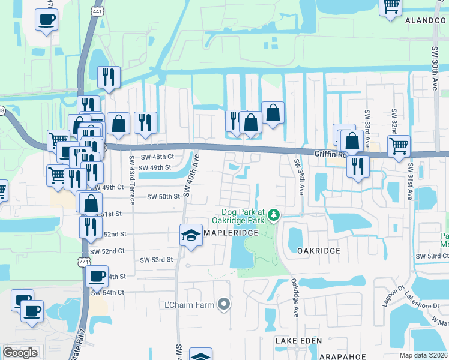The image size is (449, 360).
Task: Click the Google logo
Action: pos(20,353)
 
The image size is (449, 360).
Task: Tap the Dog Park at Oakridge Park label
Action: pos(243,216)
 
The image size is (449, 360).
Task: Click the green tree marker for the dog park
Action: pos(274,214)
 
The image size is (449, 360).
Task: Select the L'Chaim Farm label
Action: pos(190,305)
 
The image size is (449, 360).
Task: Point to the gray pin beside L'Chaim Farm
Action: pos(224,304)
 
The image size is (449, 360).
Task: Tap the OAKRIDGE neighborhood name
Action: pos(318,250)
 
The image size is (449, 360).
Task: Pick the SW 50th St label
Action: pos(164,196)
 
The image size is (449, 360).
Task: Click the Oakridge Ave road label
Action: pos(295,298)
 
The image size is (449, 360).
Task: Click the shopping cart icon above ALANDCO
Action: pos(391,6)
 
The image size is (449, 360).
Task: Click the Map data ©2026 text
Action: pos(424,355)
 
